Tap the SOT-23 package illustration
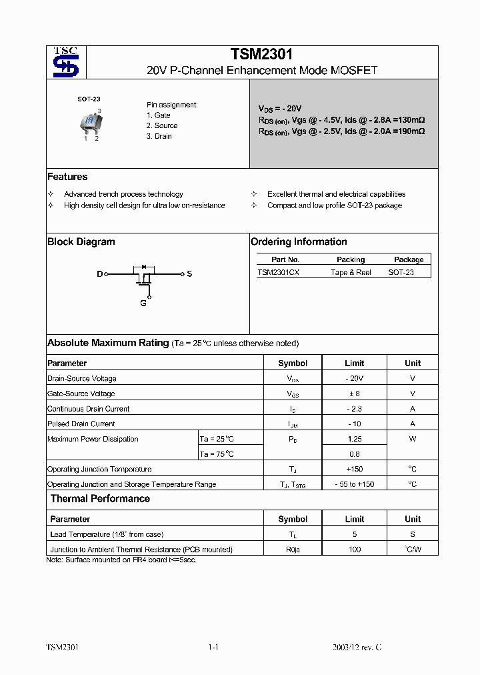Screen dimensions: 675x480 click(89, 122)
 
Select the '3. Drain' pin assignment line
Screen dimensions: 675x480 click(159, 136)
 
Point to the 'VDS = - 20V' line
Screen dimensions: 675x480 click(280, 108)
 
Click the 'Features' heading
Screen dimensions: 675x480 click(67, 177)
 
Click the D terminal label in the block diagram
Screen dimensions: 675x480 click(100, 274)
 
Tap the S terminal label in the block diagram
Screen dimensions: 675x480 click(189, 274)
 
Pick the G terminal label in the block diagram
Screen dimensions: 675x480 click(143, 303)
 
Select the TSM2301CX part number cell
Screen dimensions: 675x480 click(279, 272)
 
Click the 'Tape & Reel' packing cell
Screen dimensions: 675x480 click(351, 272)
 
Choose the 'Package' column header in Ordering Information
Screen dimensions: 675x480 click(409, 259)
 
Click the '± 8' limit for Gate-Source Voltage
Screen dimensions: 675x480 click(354, 394)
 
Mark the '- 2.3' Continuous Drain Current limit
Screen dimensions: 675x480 click(354, 409)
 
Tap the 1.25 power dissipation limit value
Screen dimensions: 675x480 click(355, 439)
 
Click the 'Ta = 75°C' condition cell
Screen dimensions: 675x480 click(217, 454)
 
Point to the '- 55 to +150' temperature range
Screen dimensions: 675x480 click(355, 484)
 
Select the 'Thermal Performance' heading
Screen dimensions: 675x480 click(100, 499)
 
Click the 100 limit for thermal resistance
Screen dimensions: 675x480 click(355, 550)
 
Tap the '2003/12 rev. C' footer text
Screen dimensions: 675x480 click(357, 648)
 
